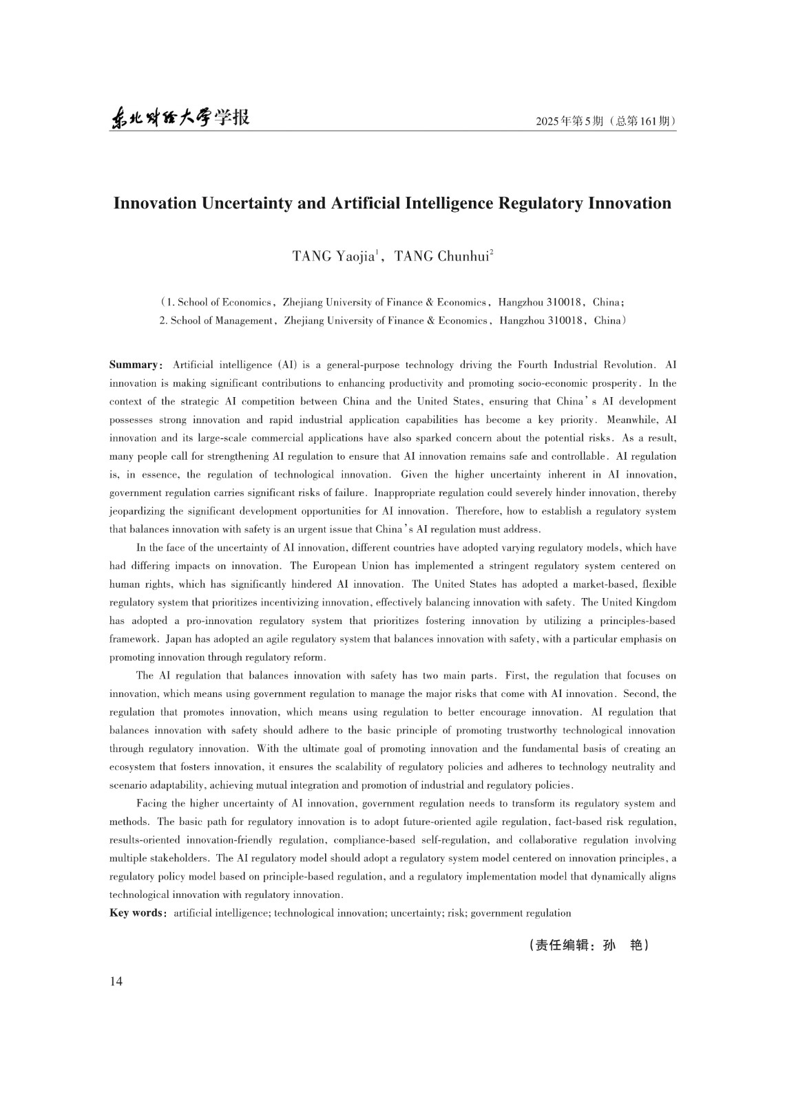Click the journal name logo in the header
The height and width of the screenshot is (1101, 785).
180,118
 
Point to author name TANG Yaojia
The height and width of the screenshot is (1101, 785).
334,257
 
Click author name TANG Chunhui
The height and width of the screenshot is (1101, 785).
441,257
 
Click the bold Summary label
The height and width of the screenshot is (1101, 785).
134,365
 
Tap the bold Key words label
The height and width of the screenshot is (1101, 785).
136,913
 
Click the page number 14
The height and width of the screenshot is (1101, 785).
116,981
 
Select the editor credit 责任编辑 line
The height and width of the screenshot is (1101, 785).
589,945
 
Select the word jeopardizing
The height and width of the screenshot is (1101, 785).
134,511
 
